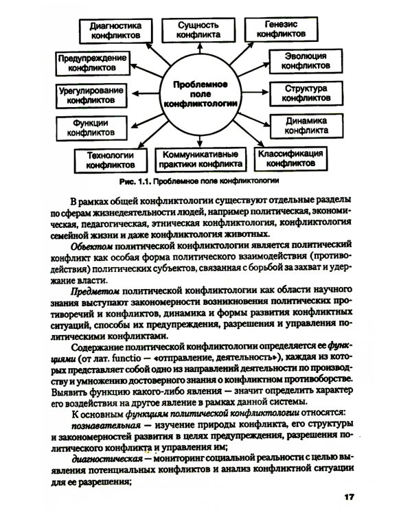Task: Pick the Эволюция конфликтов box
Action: pyautogui.click(x=301, y=60)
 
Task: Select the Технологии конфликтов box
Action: pyautogui.click(x=110, y=160)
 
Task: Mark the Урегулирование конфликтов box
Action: pyautogui.click(x=91, y=94)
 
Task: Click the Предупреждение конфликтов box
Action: pyautogui.click(x=91, y=62)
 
